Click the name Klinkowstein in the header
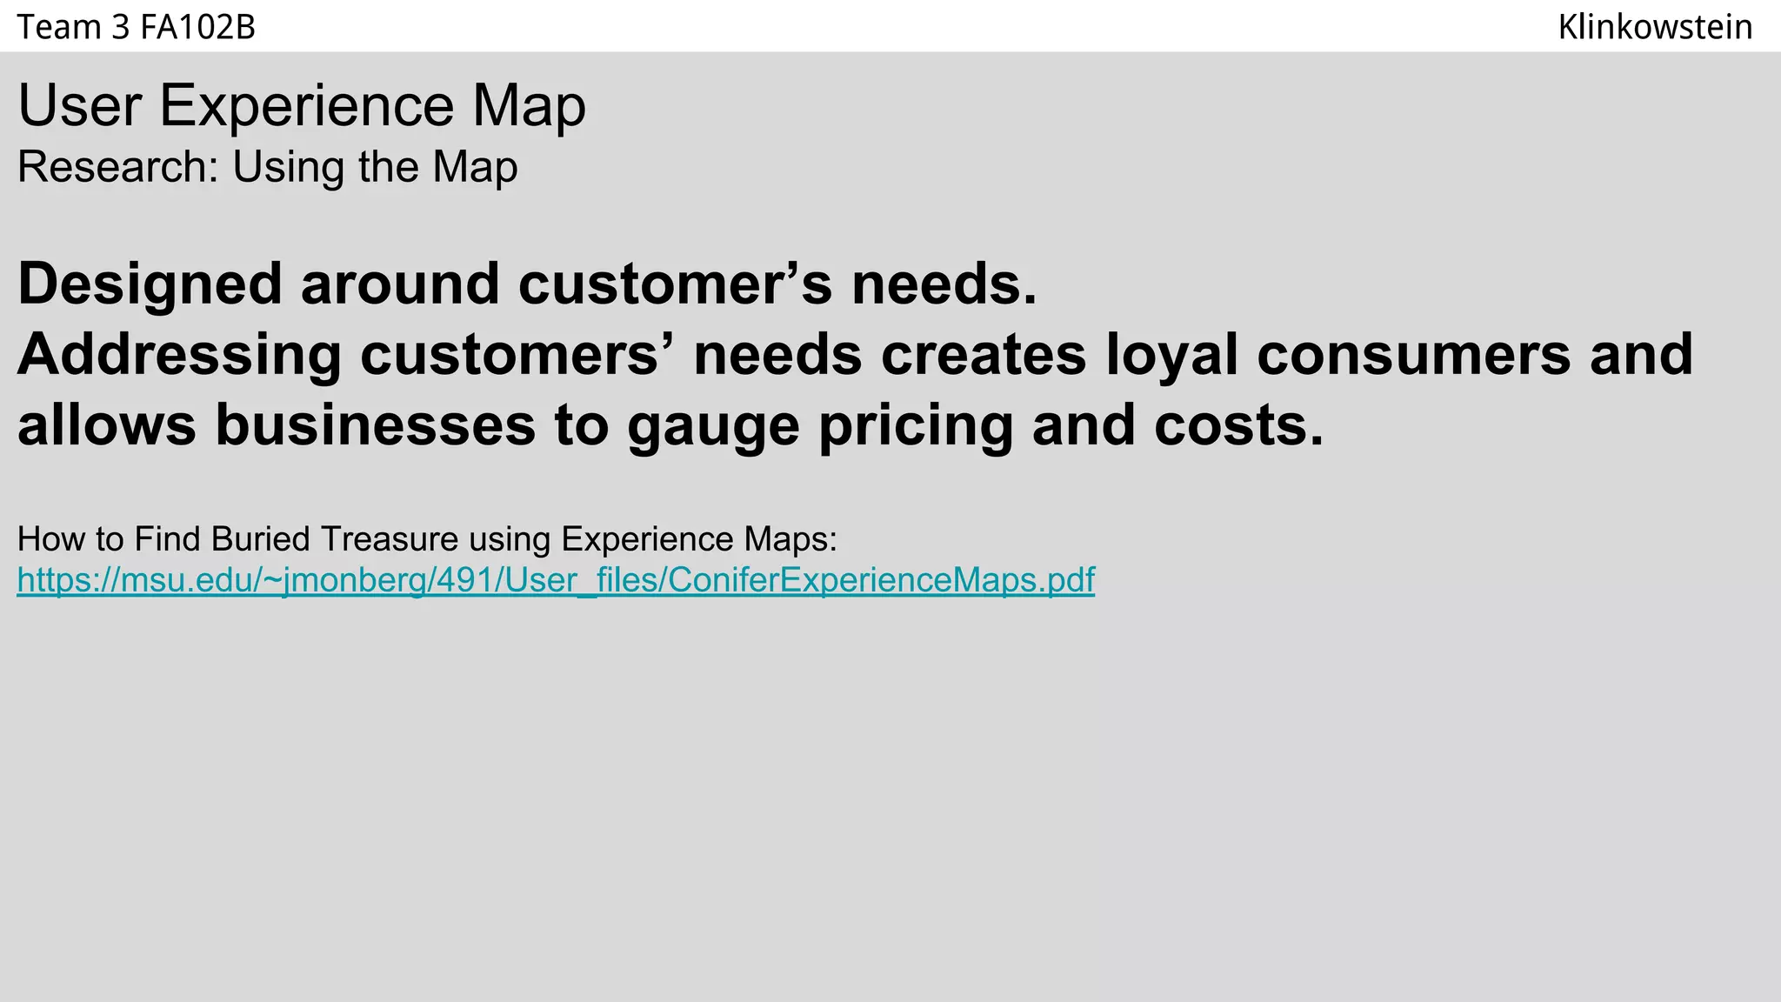tap(1654, 28)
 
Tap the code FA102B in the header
tap(197, 28)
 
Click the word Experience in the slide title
tap(306, 106)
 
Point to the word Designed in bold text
tap(150, 284)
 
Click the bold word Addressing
tap(179, 355)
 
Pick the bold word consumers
tap(1413, 355)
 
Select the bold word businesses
tap(375, 425)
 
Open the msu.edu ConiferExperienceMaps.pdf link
tap(556, 580)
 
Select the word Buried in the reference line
tap(260, 539)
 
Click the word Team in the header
tap(59, 28)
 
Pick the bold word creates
tap(984, 355)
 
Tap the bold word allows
tap(106, 425)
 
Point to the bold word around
tap(400, 284)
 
